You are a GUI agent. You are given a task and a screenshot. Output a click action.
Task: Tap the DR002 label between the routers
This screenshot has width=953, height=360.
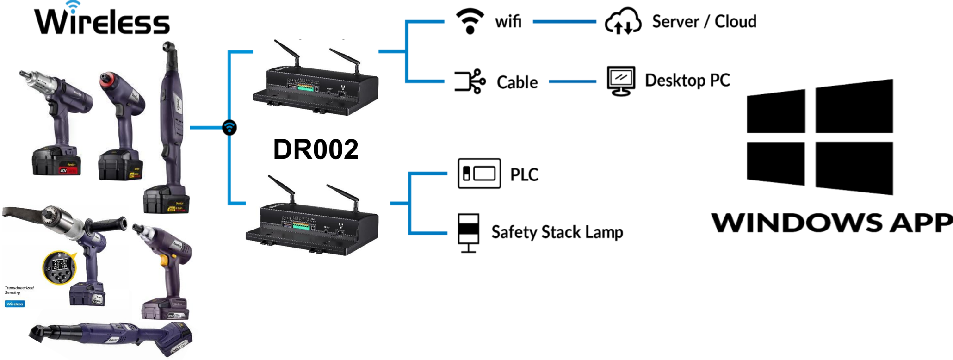point(316,149)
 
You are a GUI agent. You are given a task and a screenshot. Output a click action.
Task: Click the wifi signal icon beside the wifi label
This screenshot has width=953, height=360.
point(470,21)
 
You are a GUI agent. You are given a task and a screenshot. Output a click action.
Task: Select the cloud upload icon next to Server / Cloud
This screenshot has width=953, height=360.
point(623,21)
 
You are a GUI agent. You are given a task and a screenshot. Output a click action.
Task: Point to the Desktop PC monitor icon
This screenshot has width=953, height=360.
point(620,81)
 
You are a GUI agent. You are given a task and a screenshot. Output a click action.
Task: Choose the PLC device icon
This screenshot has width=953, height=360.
point(479,174)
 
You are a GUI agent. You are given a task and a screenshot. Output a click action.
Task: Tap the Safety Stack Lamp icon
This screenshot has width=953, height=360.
point(468,232)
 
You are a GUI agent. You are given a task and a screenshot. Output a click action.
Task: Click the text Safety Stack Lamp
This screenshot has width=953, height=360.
point(557,232)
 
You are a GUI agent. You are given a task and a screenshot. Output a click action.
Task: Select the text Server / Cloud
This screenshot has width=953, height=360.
point(704,21)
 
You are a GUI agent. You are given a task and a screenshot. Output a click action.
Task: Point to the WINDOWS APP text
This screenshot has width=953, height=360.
point(831,223)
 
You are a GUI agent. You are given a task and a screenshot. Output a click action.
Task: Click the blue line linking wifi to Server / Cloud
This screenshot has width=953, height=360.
point(564,21)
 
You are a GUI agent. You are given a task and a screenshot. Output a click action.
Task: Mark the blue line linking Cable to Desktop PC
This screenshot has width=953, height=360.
point(572,81)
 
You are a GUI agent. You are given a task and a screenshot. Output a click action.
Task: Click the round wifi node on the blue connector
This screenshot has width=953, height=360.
point(229,127)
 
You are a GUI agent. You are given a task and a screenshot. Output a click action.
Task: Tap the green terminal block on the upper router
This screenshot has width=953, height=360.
point(305,87)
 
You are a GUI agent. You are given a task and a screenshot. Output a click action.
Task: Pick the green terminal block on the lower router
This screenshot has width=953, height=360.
point(301,226)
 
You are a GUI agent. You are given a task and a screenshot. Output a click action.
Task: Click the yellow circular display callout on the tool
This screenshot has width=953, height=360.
point(59,267)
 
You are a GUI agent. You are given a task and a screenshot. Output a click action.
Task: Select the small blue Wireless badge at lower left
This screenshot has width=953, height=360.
point(15,304)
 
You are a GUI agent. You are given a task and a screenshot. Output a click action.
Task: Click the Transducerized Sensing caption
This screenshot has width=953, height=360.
point(19,290)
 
